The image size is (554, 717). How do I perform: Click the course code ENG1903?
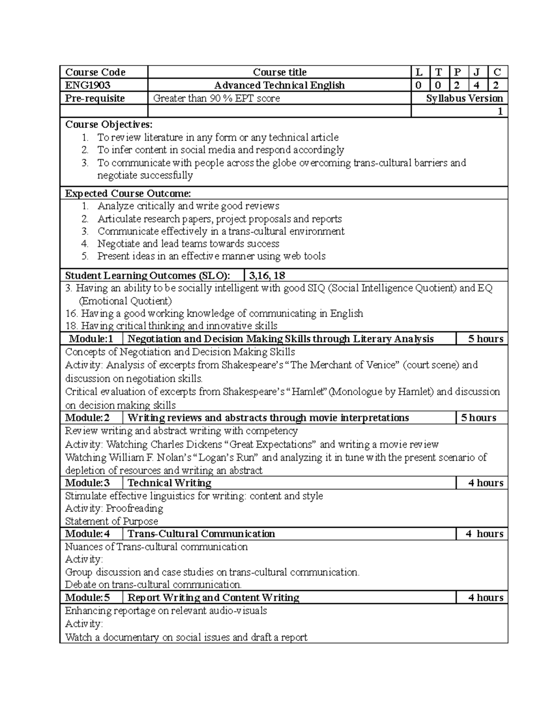[x=88, y=85]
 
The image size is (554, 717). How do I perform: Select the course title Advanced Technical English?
[x=279, y=85]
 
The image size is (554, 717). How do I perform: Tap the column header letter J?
[x=477, y=72]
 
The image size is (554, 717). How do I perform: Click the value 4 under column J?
[x=477, y=85]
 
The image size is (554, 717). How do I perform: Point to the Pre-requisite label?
[x=95, y=98]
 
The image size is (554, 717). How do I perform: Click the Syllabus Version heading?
[x=464, y=98]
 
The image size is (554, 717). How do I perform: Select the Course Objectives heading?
[x=108, y=125]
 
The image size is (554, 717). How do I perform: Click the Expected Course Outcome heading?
[x=128, y=193]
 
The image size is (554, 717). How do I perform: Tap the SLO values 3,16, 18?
[x=267, y=276]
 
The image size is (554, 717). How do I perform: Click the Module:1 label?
[x=91, y=339]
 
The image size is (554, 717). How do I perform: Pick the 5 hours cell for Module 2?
[x=479, y=418]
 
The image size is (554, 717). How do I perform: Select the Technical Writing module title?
[x=169, y=483]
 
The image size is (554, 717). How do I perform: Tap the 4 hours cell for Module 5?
[x=486, y=597]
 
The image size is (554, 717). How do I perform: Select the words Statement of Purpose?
[x=112, y=521]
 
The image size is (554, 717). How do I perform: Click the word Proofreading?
[x=134, y=508]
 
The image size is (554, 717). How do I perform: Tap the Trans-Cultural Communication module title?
[x=201, y=534]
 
